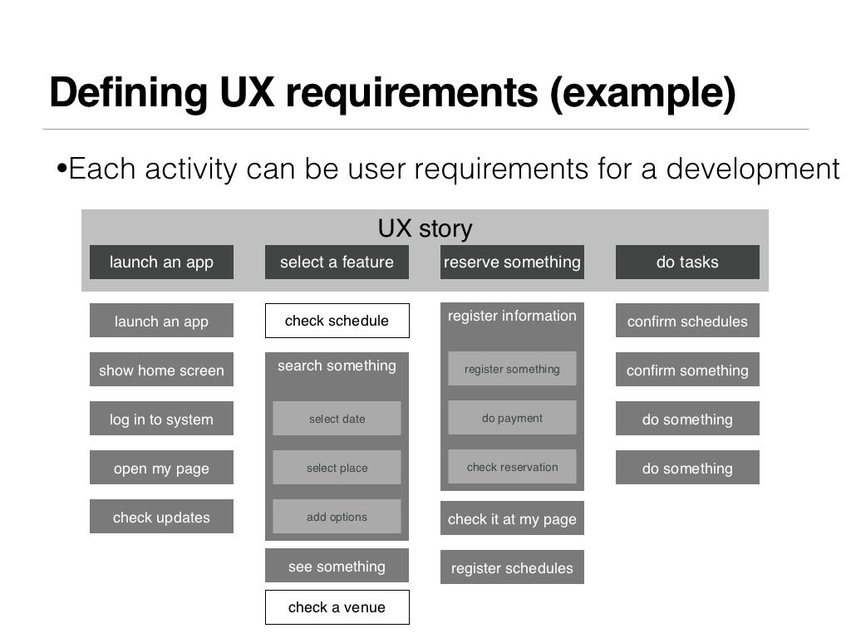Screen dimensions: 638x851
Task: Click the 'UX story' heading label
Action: click(x=425, y=228)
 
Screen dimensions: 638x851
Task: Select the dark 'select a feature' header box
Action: click(x=337, y=262)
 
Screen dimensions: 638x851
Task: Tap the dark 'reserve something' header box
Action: click(x=512, y=262)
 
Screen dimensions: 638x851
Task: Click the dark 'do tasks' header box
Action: click(x=687, y=262)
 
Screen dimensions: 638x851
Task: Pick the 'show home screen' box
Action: click(x=161, y=370)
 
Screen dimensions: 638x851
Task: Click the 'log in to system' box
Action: click(x=161, y=419)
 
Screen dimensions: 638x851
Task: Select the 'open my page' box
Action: click(x=161, y=468)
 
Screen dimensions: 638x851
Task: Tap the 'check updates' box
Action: click(x=161, y=517)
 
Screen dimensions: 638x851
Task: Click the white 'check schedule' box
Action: click(x=337, y=321)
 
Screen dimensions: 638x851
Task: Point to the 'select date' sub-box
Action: click(x=337, y=419)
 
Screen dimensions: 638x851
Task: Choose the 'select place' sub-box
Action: click(x=337, y=468)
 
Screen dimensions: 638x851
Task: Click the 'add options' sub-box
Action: click(x=337, y=517)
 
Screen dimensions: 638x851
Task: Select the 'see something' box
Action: click(x=337, y=566)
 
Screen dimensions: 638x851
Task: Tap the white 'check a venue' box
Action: click(x=337, y=607)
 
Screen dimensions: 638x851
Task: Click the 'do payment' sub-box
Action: click(x=512, y=418)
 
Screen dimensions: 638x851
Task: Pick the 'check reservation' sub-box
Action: click(x=512, y=467)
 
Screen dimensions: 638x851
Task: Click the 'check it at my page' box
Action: click(x=512, y=518)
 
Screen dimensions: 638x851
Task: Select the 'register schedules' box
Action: click(x=512, y=567)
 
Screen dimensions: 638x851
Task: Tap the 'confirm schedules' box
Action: click(x=687, y=321)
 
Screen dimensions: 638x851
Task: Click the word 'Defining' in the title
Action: click(x=127, y=94)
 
